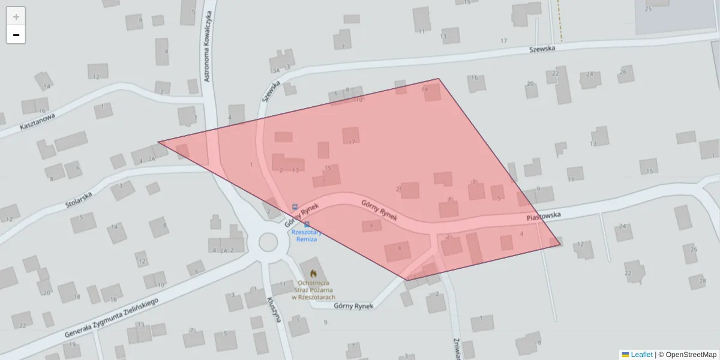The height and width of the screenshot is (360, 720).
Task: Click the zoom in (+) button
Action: [x=16, y=16]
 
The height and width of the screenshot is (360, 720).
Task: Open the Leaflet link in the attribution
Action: [x=641, y=355]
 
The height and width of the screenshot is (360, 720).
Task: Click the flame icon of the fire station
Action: [x=313, y=274]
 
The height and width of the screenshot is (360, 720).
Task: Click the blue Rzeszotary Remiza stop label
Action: [x=307, y=235]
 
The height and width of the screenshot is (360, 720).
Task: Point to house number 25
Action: [x=648, y=9]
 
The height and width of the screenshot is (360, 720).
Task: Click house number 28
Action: [x=703, y=280]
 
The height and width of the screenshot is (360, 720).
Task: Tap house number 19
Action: [x=72, y=344]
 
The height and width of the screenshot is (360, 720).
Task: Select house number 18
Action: [x=76, y=297]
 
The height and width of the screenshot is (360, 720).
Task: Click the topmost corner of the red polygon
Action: [x=439, y=79]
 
